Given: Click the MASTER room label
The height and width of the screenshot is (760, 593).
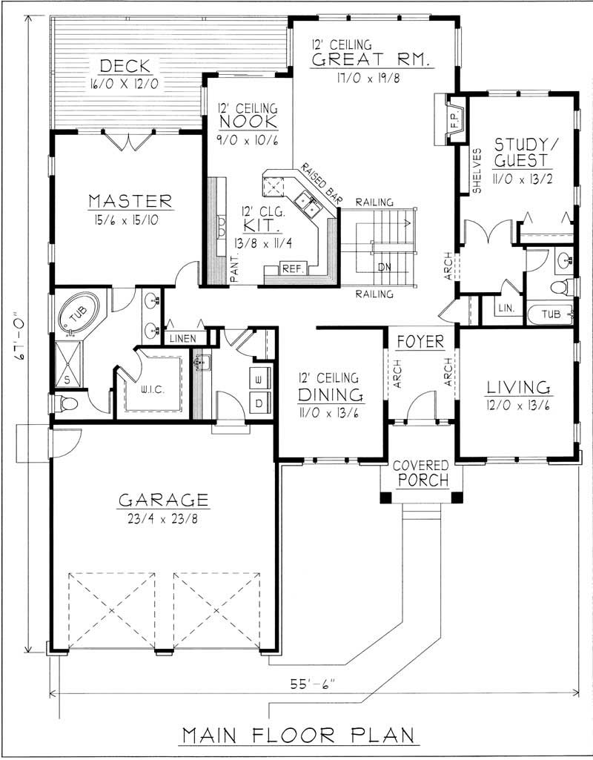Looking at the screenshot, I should pyautogui.click(x=130, y=201).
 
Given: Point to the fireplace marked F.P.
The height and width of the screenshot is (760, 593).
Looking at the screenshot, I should pyautogui.click(x=454, y=116).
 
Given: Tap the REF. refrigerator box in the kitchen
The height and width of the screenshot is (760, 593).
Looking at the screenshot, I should pyautogui.click(x=290, y=268).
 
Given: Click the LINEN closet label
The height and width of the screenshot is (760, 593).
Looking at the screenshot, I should pyautogui.click(x=182, y=338).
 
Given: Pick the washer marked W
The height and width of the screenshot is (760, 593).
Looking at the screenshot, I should pyautogui.click(x=259, y=379).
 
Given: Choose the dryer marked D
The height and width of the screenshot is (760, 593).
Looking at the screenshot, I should pyautogui.click(x=259, y=403).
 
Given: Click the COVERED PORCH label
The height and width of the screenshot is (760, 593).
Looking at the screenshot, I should pyautogui.click(x=420, y=472).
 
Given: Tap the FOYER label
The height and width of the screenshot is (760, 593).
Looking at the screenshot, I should pyautogui.click(x=420, y=342).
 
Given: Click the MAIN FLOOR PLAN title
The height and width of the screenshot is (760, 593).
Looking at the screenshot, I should pyautogui.click(x=298, y=735).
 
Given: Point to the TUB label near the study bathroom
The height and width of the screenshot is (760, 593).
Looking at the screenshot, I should pyautogui.click(x=550, y=314).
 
